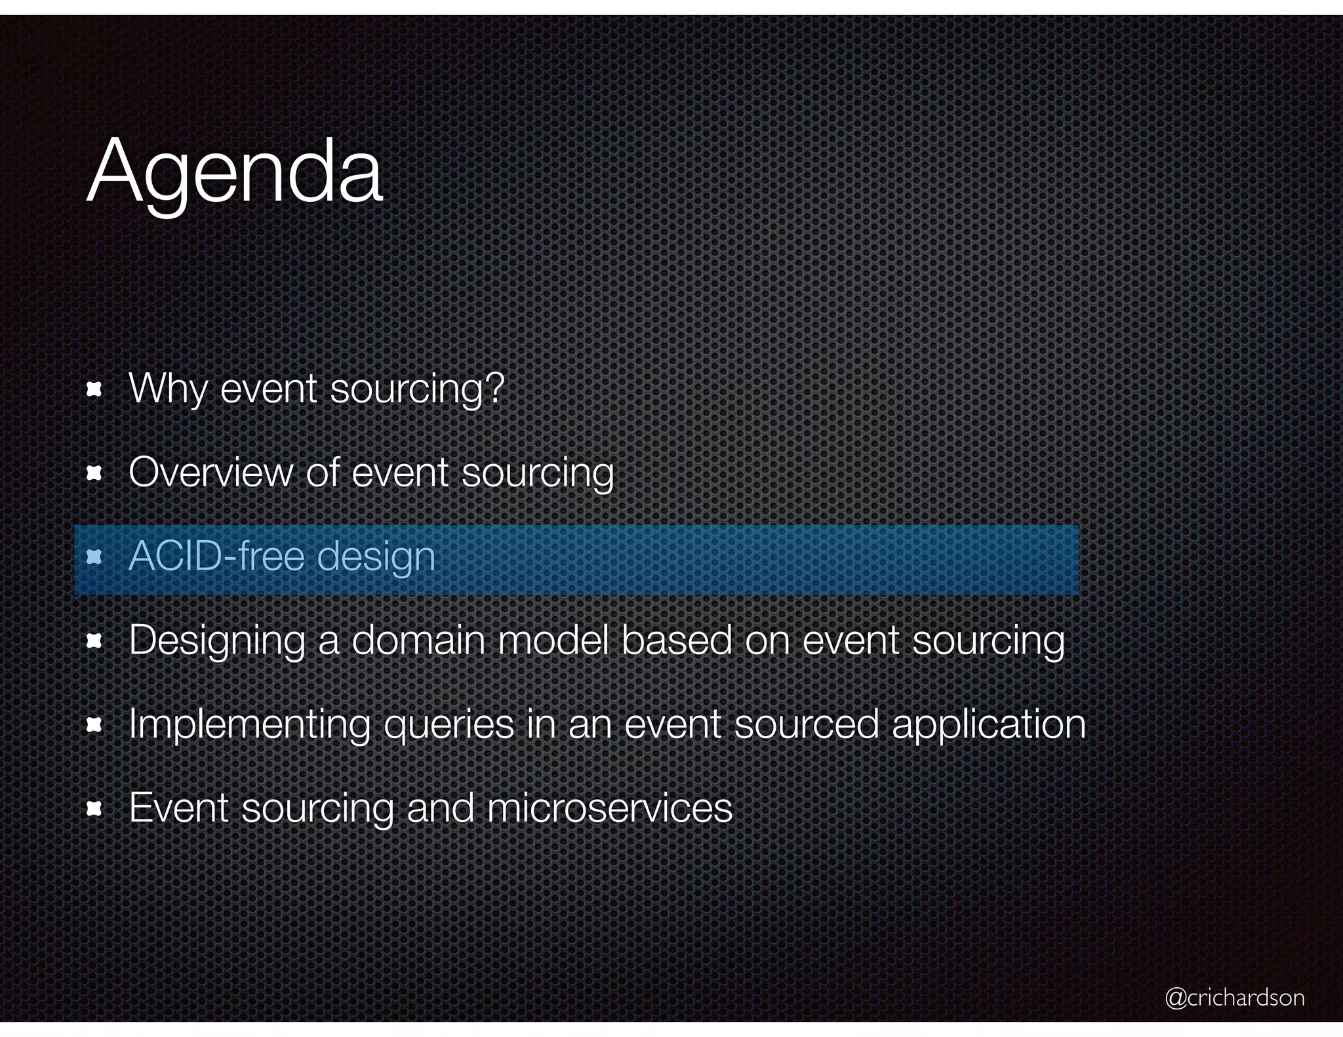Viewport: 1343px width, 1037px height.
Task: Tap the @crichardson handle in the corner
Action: (x=1235, y=998)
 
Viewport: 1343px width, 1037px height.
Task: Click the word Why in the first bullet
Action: (x=168, y=389)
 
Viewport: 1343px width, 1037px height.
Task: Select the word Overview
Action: (x=210, y=472)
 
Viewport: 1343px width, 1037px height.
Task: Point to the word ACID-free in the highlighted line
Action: (x=216, y=557)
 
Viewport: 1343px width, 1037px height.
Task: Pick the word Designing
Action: (x=217, y=641)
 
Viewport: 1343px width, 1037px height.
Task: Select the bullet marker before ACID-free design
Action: (x=94, y=558)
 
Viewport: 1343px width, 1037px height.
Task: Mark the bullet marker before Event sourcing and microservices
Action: (x=94, y=809)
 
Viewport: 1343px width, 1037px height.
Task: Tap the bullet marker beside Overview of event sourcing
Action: (x=94, y=473)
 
